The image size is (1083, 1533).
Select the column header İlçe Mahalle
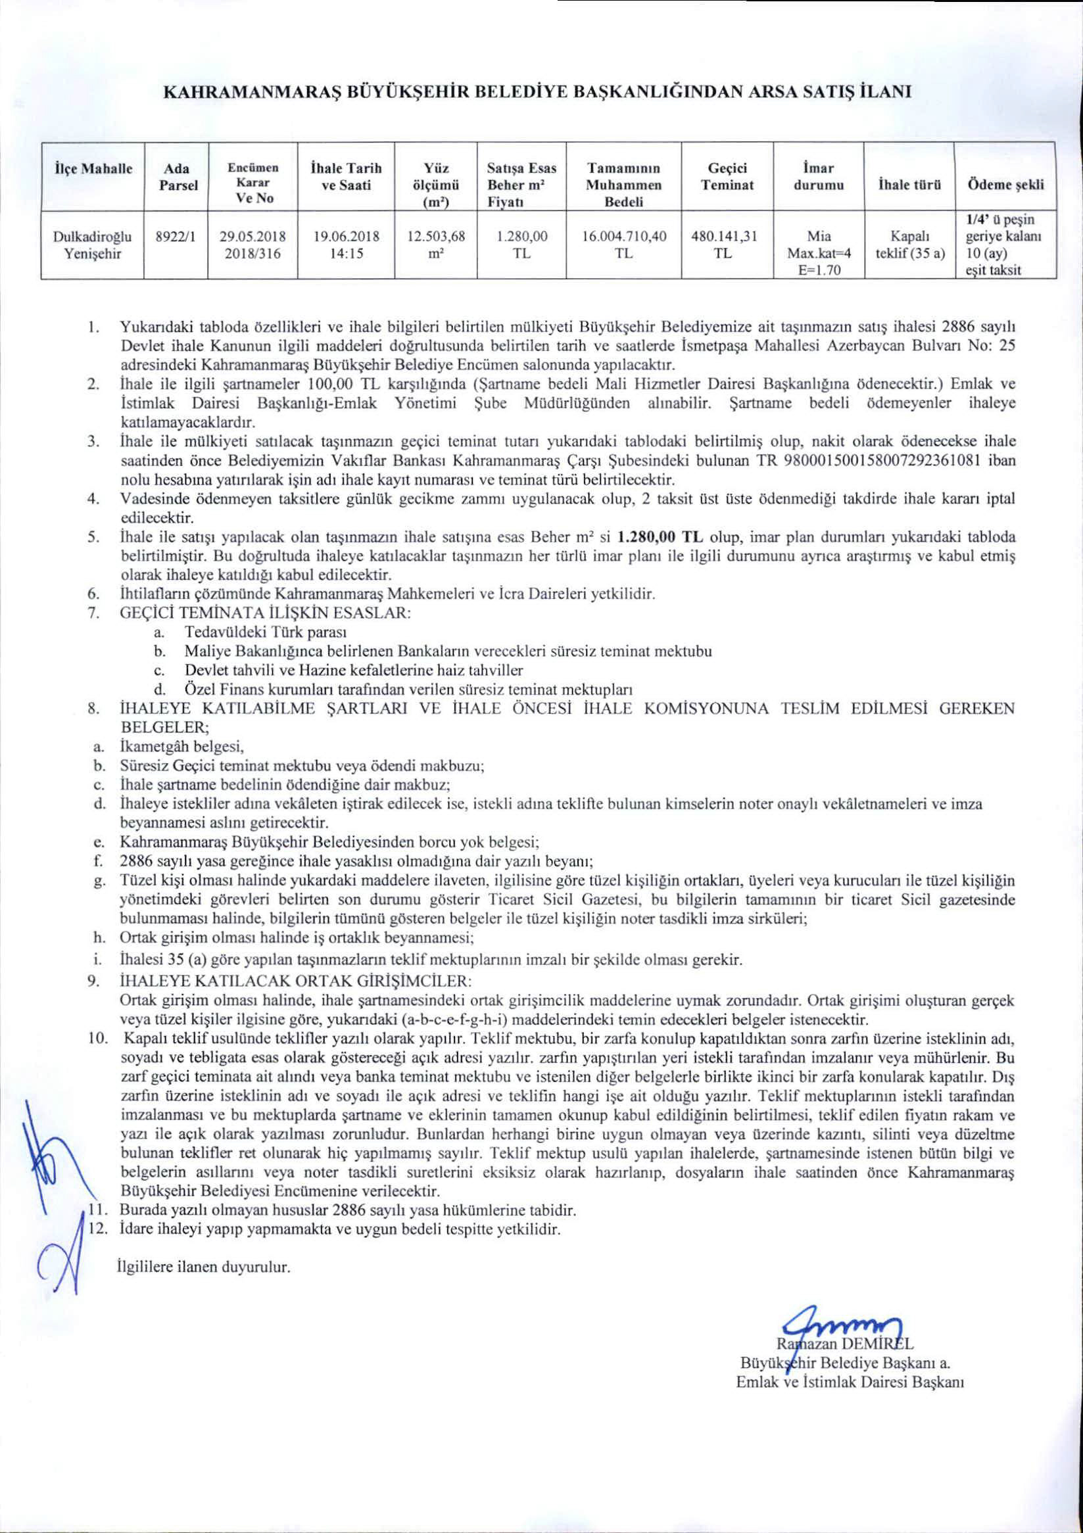point(93,169)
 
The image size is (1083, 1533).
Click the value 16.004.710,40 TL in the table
point(623,245)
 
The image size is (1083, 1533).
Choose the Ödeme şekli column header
point(1004,185)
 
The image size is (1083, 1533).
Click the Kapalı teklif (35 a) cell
point(909,245)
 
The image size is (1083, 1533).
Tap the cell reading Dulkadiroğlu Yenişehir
point(93,245)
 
